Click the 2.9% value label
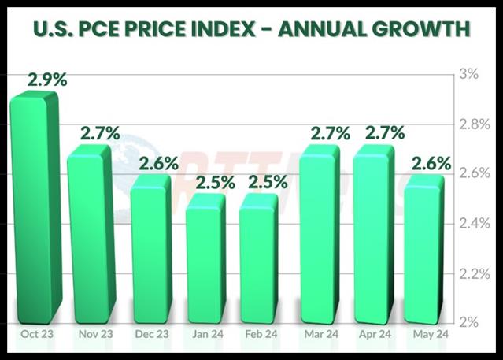(x=46, y=80)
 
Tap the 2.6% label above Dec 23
(x=159, y=165)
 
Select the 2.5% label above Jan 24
(x=216, y=183)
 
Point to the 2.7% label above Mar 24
(x=330, y=133)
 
